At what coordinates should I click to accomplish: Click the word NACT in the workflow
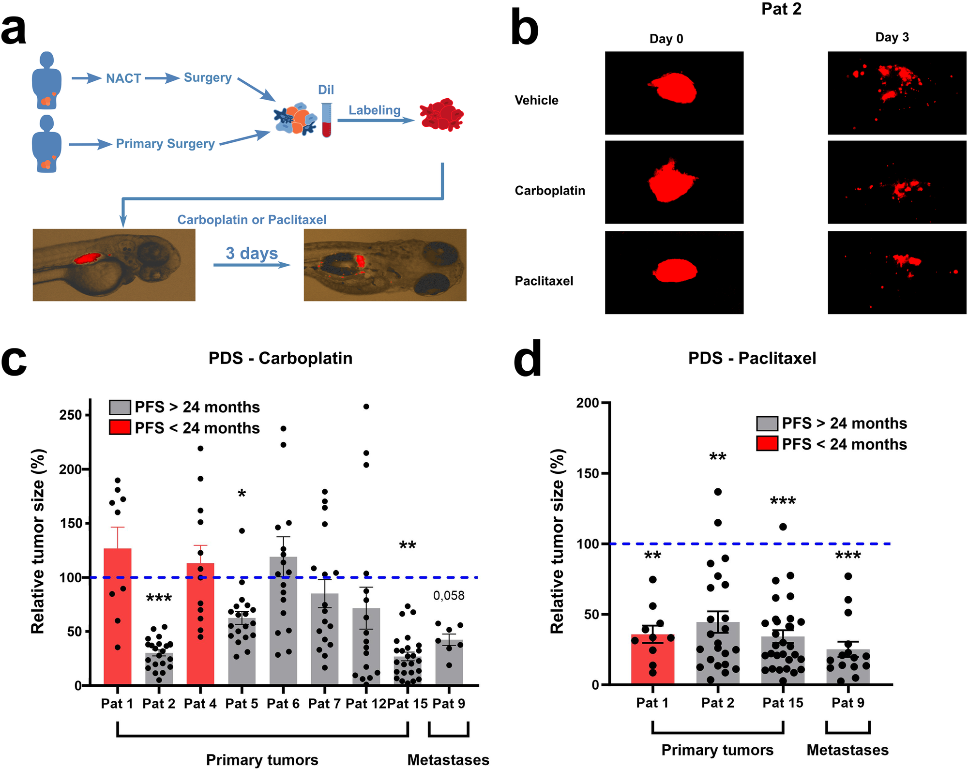click(123, 78)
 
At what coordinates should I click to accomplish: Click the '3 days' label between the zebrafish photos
click(252, 253)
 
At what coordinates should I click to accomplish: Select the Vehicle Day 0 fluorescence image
click(674, 93)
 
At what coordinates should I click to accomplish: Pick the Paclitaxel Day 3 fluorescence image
click(896, 272)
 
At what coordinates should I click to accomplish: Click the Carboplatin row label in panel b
click(550, 191)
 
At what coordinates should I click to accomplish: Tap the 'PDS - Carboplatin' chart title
click(280, 358)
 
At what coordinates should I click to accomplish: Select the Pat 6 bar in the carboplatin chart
click(283, 624)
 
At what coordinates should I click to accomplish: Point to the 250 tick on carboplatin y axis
click(70, 415)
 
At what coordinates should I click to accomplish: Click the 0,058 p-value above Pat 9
click(449, 596)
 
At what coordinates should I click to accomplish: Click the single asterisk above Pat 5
click(242, 494)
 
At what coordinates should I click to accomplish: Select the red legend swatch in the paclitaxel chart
click(767, 444)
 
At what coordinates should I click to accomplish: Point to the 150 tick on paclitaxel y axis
click(588, 473)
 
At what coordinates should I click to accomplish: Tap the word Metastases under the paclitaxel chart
click(847, 750)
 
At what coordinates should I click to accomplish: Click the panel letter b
click(525, 29)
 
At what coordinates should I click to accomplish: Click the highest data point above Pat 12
click(366, 407)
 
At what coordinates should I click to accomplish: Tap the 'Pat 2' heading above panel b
click(781, 9)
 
